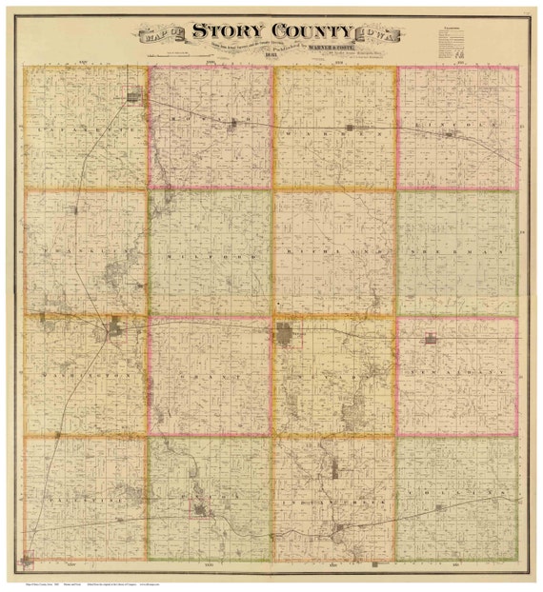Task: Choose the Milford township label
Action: [x=211, y=255]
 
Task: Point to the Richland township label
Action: [x=333, y=253]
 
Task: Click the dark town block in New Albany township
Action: [x=431, y=339]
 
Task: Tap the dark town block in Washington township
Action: [x=117, y=331]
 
